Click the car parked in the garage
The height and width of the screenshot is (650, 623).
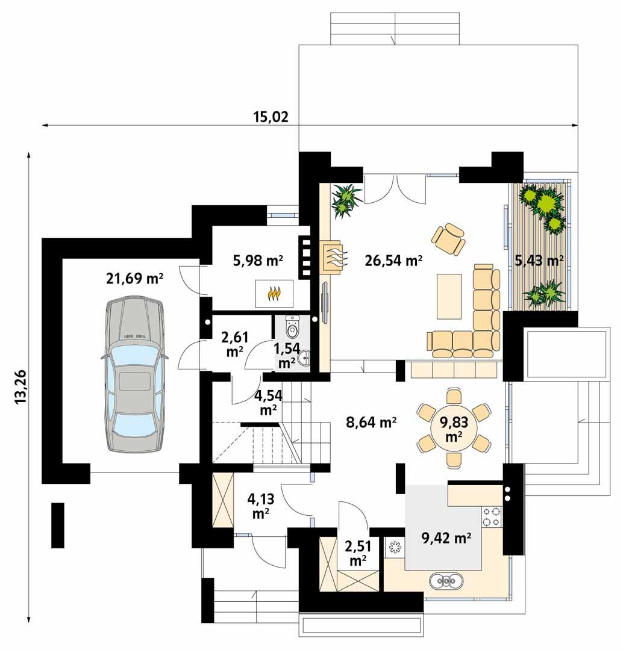tap(134, 373)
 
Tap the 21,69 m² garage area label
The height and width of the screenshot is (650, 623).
tap(135, 278)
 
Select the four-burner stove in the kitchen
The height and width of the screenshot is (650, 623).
tap(492, 515)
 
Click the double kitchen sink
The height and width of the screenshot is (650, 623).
tap(446, 581)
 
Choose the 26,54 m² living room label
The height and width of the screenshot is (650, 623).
tap(393, 261)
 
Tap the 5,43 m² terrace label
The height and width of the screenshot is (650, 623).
tap(539, 261)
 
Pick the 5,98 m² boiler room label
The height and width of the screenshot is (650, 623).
tap(258, 261)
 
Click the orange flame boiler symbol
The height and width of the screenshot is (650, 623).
tap(274, 293)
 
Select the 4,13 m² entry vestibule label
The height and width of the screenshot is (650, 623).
tap(260, 506)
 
